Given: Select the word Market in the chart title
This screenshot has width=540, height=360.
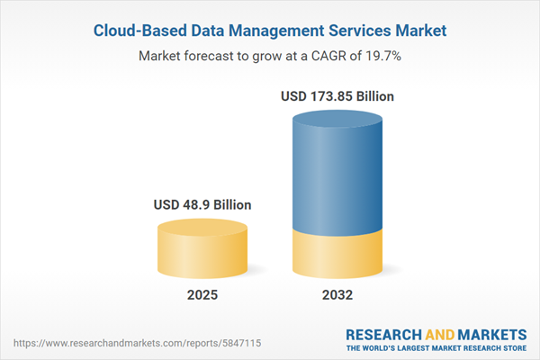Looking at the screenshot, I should (x=414, y=31).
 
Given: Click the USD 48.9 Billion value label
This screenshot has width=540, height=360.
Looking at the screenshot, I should (x=202, y=205).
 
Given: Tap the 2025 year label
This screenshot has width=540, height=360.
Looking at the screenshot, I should (x=202, y=296).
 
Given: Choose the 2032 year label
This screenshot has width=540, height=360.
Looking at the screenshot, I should (x=339, y=296).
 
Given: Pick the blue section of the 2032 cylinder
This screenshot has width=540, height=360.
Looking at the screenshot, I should (x=339, y=171).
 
